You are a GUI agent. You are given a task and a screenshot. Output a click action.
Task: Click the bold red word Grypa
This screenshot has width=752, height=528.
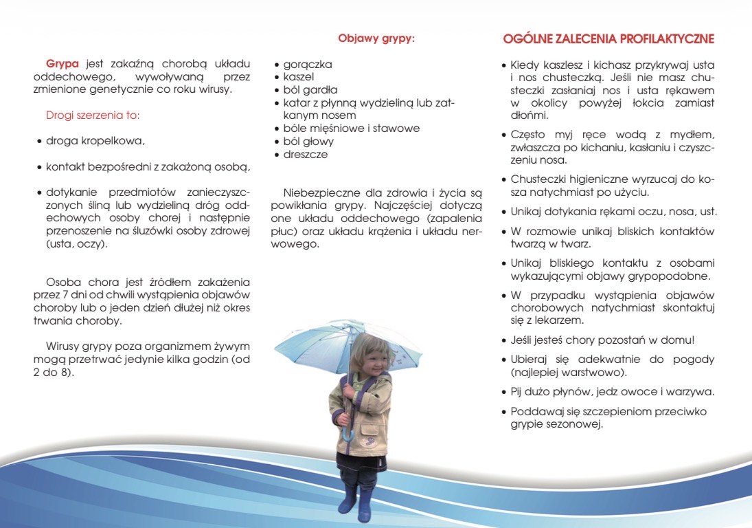click(62, 64)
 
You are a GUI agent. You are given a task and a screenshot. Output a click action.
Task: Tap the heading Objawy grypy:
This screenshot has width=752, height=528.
click(376, 38)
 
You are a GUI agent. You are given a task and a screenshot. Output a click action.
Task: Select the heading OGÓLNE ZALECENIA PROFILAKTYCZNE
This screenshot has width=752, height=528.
click(608, 38)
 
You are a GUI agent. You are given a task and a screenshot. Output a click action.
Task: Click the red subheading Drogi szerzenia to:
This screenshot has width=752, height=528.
click(93, 115)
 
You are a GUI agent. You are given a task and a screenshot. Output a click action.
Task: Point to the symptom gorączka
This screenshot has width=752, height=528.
click(308, 64)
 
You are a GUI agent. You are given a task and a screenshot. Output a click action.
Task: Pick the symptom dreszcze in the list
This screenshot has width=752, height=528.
click(306, 155)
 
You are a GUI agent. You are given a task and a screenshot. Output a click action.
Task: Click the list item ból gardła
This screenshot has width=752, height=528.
click(310, 90)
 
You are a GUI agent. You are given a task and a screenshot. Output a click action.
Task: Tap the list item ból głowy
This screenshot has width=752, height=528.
click(308, 142)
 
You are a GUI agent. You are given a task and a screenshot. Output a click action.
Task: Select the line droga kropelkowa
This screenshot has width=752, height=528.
click(95, 141)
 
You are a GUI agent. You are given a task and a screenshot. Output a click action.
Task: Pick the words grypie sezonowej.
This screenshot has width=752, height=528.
click(556, 424)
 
